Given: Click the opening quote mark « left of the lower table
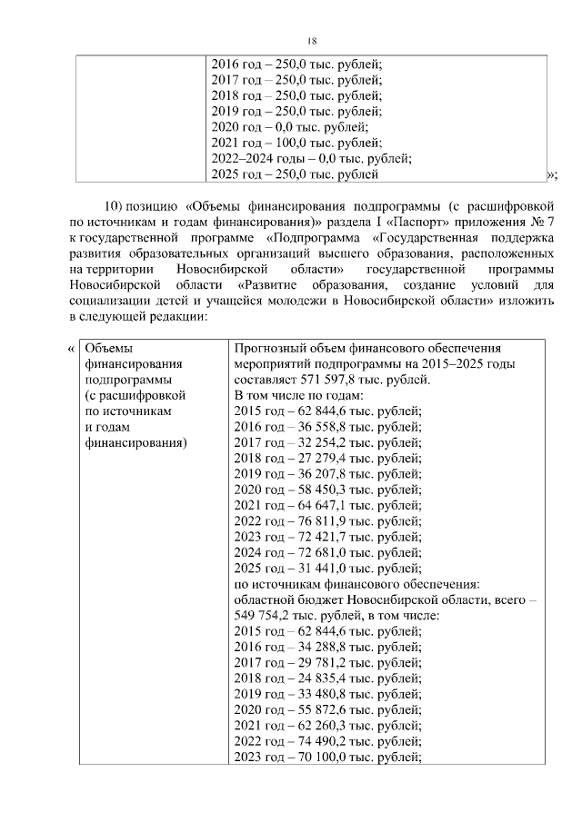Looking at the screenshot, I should (x=71, y=350).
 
